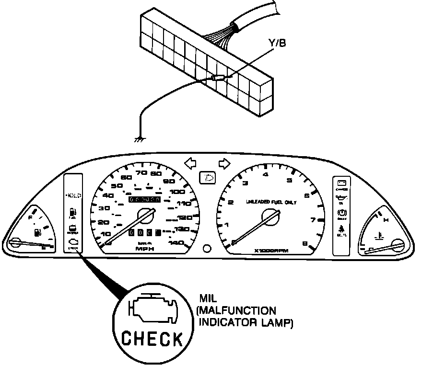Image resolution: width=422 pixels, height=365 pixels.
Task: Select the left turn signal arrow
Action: pos(190,163)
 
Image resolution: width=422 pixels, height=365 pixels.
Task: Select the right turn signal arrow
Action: pos(224,163)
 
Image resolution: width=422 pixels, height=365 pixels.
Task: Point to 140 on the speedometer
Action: pos(177,242)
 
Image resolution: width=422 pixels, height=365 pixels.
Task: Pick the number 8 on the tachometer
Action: pos(305,244)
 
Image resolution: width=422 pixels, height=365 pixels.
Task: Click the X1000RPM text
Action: pos(273,251)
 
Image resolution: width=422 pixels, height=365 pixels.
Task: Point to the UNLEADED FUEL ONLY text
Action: pos(271,202)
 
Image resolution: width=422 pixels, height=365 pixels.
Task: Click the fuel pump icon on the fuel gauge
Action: pos(36,233)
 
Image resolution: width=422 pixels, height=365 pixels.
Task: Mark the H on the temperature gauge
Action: pos(386,221)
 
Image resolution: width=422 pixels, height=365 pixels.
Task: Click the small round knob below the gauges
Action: pos(207,249)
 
